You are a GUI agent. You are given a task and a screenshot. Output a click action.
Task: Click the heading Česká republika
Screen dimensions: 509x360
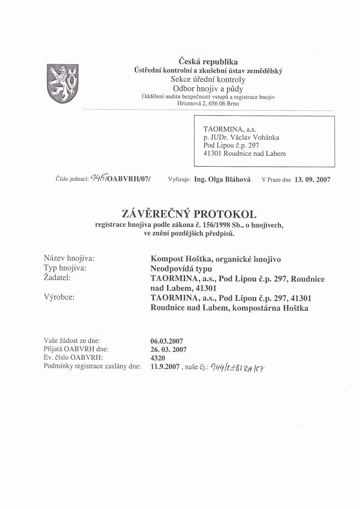(x=208, y=62)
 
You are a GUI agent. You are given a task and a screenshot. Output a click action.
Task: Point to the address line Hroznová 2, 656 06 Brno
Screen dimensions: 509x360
(x=208, y=103)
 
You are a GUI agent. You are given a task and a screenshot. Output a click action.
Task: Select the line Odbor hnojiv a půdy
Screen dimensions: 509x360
(x=208, y=89)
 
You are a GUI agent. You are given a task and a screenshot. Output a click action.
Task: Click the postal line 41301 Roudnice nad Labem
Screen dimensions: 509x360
(x=244, y=154)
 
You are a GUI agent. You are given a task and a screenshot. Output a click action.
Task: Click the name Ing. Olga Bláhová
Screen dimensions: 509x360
(x=222, y=179)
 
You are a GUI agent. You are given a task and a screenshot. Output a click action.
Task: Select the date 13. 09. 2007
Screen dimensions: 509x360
(x=312, y=180)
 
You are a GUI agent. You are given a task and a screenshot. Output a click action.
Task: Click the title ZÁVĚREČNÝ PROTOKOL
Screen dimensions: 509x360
(x=189, y=214)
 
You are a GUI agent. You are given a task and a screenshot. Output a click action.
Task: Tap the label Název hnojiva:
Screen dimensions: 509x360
(x=69, y=258)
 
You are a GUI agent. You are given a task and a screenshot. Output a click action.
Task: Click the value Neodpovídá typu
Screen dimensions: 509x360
(x=181, y=269)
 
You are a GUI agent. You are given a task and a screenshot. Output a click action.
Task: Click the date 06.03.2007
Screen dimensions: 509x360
(x=167, y=341)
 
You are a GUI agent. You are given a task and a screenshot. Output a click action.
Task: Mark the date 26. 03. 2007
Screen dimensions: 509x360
(x=168, y=350)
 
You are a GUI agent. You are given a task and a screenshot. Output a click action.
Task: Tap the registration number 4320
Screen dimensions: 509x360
(x=158, y=358)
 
